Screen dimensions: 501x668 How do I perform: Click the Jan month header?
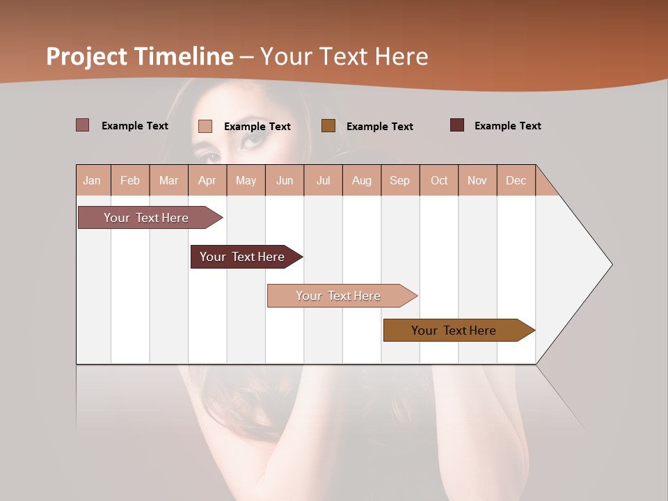(x=93, y=180)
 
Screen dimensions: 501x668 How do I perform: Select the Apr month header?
(x=207, y=180)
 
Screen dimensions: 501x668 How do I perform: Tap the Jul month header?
(x=324, y=180)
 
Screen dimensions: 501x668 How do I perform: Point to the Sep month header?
(x=399, y=180)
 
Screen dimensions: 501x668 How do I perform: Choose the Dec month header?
(x=516, y=180)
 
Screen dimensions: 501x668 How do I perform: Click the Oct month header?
(x=439, y=180)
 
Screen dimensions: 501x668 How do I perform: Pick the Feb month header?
(x=130, y=180)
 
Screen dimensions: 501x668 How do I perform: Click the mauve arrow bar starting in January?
(x=146, y=218)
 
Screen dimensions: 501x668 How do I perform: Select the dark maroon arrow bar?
(x=242, y=257)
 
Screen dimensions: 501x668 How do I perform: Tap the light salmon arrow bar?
(x=338, y=296)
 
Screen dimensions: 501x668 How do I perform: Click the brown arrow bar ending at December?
(x=454, y=331)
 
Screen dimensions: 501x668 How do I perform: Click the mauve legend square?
(x=82, y=125)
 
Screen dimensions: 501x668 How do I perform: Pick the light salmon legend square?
(x=205, y=126)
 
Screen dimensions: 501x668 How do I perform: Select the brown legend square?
(x=328, y=125)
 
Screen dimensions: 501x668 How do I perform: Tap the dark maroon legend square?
(x=457, y=125)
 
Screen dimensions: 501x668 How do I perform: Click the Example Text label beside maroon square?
(x=507, y=126)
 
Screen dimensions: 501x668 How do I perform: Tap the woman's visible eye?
(x=253, y=138)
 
